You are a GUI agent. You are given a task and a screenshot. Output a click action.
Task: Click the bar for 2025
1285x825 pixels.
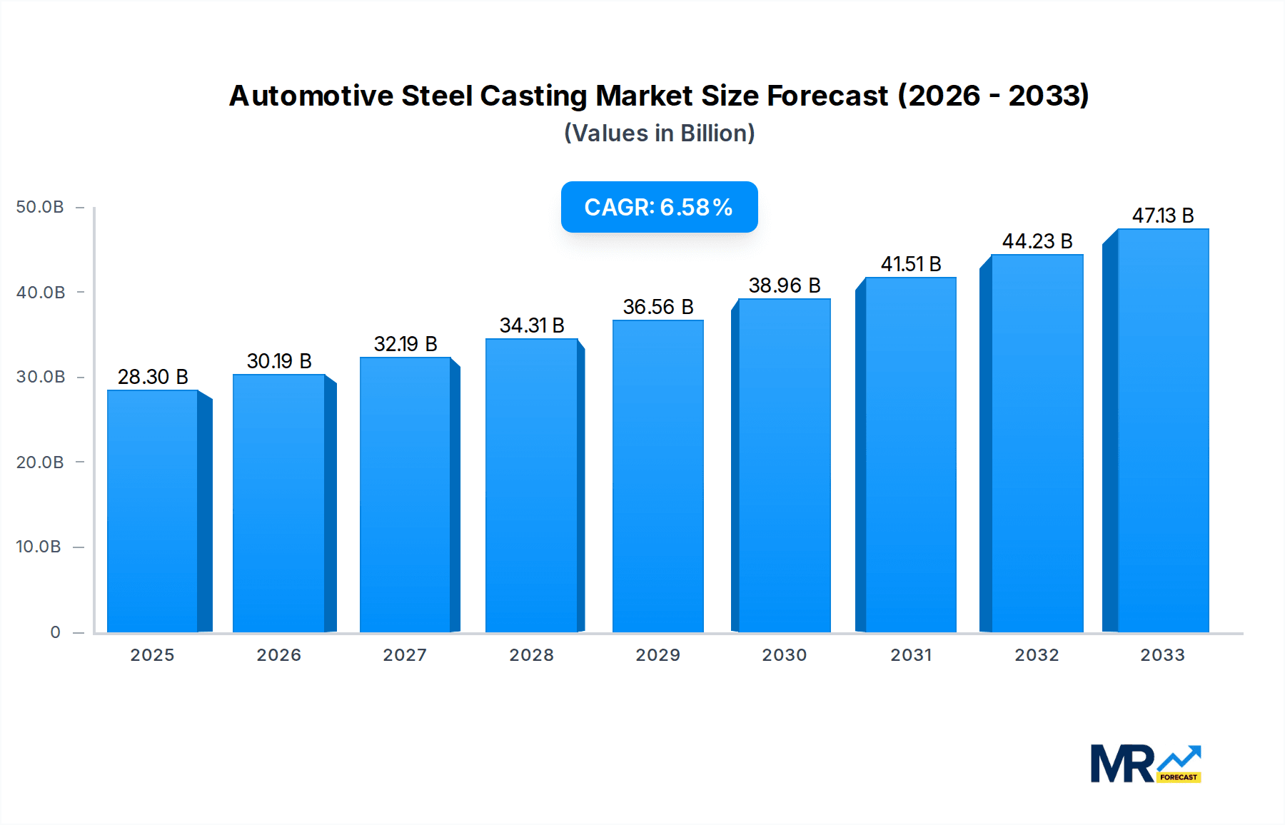coord(153,511)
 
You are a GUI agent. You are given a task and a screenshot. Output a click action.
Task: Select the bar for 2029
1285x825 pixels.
coord(657,476)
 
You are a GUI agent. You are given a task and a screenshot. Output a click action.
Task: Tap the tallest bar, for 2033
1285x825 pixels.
coord(1162,430)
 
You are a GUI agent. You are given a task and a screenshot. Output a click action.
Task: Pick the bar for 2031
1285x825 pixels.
coord(910,455)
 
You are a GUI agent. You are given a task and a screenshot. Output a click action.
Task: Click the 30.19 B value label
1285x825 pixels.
coord(279,361)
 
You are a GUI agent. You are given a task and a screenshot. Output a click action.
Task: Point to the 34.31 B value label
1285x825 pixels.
coord(532,325)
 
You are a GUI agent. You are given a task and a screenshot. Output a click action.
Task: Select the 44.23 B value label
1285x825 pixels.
coord(1037,241)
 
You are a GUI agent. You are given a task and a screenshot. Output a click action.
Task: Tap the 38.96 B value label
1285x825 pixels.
coord(784,285)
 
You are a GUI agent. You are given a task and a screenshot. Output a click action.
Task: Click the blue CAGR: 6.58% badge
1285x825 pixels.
coord(659,207)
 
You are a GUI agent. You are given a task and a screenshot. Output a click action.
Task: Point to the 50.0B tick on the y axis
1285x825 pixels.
coord(40,207)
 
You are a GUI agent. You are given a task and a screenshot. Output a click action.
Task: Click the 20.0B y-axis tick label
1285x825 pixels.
coord(40,462)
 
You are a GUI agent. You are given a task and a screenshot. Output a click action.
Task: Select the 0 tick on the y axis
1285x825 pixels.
coord(55,632)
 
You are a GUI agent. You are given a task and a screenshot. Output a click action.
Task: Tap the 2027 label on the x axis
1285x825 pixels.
coord(405,655)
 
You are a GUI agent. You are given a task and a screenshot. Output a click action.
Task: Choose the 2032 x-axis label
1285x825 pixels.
coord(1037,655)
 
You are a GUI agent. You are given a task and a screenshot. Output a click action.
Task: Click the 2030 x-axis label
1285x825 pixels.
coord(784,655)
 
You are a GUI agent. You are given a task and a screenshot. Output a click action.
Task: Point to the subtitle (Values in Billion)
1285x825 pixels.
coord(659,133)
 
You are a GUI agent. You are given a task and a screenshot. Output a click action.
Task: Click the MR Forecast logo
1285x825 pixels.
coord(1145,764)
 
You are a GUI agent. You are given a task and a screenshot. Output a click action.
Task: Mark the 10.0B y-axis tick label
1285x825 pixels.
coord(39,547)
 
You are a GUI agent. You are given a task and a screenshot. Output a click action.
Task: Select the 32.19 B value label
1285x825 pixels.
coord(405,344)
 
